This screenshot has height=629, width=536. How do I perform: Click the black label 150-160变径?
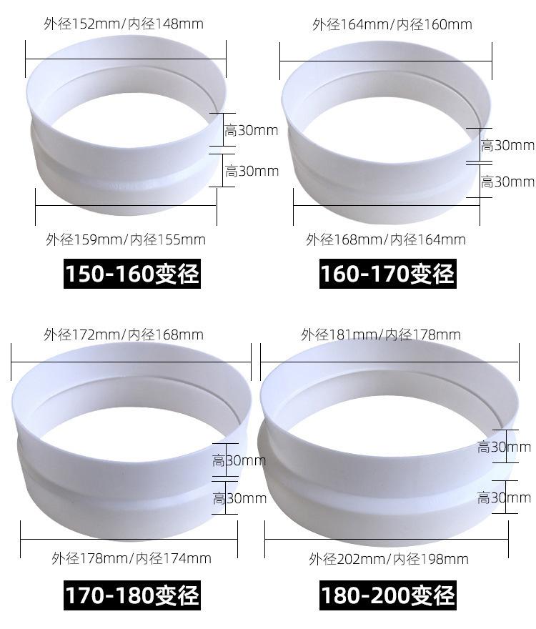coord(132,274)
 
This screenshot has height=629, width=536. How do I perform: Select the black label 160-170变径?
coord(387,274)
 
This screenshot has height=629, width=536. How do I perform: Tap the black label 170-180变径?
coord(132,595)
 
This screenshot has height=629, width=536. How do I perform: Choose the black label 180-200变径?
coord(388,595)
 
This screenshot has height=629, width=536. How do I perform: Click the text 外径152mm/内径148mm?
coord(124,24)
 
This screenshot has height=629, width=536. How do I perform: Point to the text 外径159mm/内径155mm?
coord(126,240)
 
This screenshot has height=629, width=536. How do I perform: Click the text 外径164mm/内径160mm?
coord(392,24)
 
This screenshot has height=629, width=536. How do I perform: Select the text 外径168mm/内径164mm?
coord(386,240)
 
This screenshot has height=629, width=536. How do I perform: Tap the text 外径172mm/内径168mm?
coord(124,335)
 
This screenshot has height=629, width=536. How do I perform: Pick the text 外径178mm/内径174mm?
coord(131,558)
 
